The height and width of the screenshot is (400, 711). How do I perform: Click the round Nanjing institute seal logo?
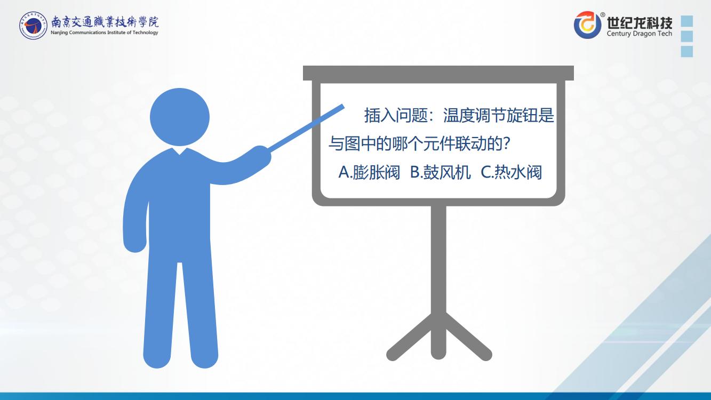[x=33, y=26]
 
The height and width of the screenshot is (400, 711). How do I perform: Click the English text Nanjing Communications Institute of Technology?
[x=105, y=33]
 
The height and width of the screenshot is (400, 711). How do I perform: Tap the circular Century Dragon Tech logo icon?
[x=587, y=25]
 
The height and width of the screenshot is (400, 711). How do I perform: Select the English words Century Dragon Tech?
[x=640, y=33]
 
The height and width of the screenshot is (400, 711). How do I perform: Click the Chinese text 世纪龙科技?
[x=640, y=22]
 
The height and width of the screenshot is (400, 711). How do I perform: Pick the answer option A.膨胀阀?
[x=369, y=172]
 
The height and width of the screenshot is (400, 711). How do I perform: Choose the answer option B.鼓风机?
[x=440, y=172]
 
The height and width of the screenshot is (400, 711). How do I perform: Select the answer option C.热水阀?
[x=511, y=172]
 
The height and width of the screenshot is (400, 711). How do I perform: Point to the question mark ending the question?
[x=507, y=143]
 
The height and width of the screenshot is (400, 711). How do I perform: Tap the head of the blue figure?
[x=180, y=117]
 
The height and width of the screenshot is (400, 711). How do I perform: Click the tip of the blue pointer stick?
[x=343, y=106]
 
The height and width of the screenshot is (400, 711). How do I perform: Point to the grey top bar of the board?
[x=438, y=73]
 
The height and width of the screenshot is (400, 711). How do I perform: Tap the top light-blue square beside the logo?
[x=687, y=21]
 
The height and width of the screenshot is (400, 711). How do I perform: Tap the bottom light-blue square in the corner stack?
[x=687, y=51]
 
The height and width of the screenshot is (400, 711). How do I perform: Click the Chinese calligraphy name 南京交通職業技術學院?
[x=105, y=21]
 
